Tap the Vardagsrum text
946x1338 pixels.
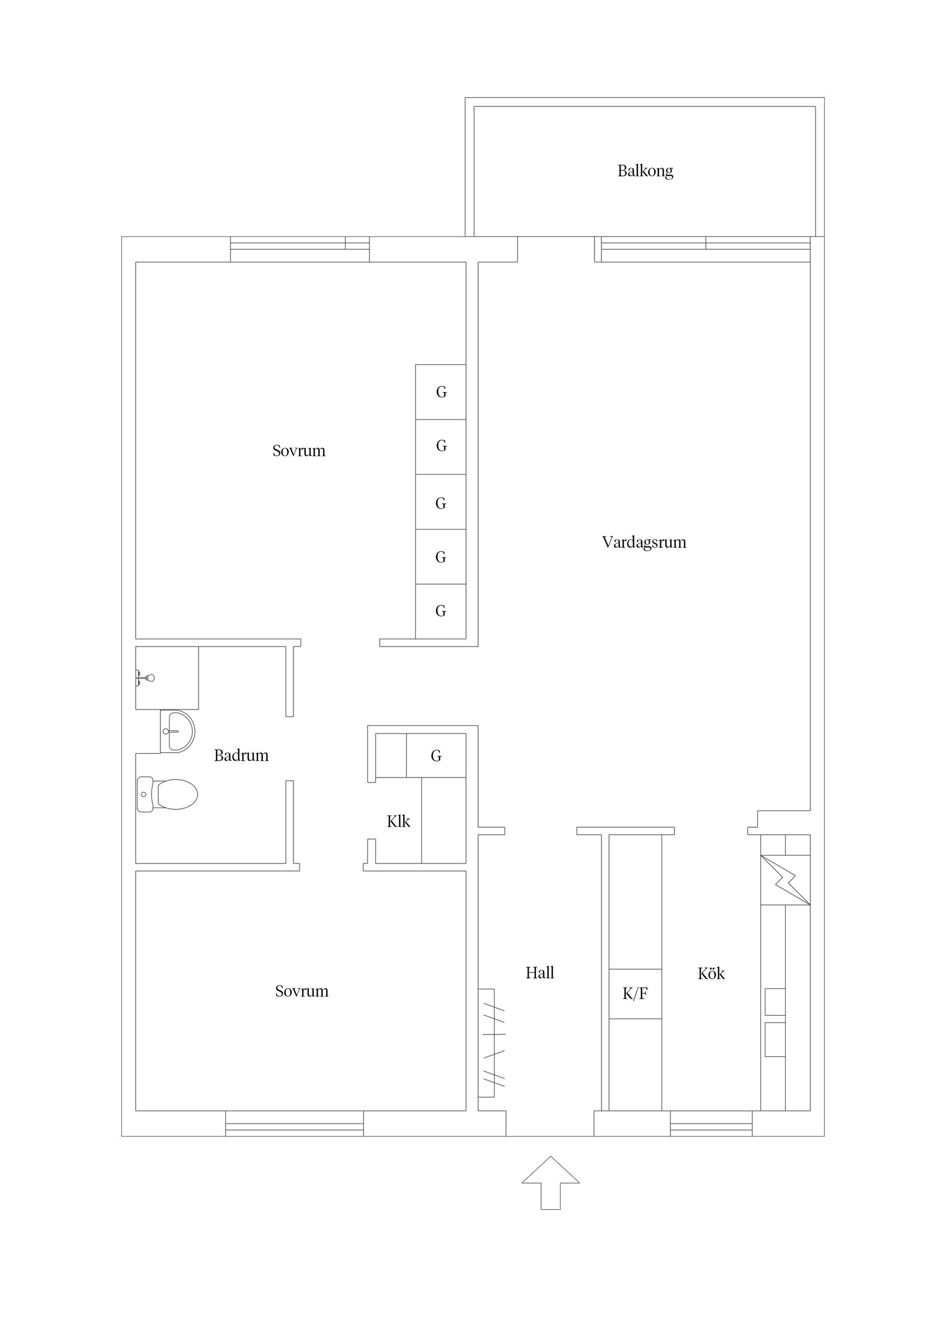pos(643,542)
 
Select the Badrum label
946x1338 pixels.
pos(241,755)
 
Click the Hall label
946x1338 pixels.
pos(539,972)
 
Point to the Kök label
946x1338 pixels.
pos(710,973)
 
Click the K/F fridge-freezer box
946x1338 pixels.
pos(635,994)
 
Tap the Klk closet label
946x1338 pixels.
pos(398,821)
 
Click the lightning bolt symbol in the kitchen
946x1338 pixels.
pos(784,880)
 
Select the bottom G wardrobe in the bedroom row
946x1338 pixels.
pos(440,611)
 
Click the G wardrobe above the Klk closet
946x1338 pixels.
pos(436,756)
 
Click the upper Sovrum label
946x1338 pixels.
pos(299,450)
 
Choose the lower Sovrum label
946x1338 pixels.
pos(302,991)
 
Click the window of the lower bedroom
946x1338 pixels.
pos(294,1123)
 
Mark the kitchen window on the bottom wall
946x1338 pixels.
pos(710,1123)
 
